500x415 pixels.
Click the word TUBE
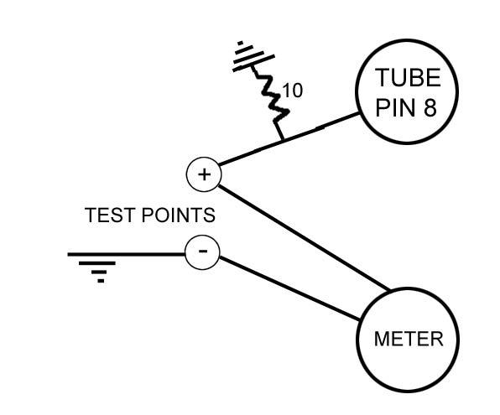point(407,78)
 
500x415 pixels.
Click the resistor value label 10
point(292,91)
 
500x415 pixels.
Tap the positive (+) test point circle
point(202,174)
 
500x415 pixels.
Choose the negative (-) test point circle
point(202,252)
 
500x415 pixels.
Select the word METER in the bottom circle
point(408,339)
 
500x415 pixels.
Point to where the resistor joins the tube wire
point(282,139)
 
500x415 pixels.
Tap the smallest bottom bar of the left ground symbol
point(101,280)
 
